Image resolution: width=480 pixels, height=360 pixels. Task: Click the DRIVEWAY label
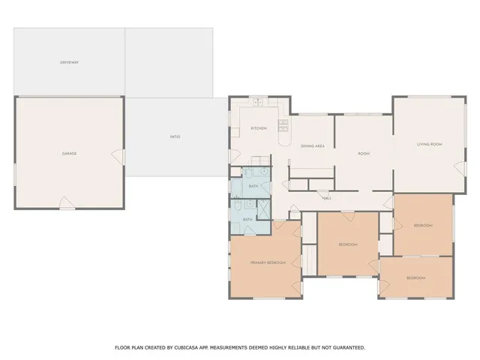tap(70, 62)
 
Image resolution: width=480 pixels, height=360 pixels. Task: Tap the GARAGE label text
tap(70, 153)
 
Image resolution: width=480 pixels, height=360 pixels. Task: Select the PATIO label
tap(175, 136)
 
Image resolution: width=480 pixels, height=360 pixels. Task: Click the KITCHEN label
tap(258, 128)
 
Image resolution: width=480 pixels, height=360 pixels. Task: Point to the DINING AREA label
tap(312, 145)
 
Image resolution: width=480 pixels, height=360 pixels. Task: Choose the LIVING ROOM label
tap(430, 144)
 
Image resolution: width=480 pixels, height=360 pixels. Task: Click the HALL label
tap(327, 198)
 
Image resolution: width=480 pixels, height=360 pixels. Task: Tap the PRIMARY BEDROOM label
tap(268, 262)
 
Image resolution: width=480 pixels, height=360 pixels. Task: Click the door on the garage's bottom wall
tap(66, 203)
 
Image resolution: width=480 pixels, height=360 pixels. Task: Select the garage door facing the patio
tap(117, 156)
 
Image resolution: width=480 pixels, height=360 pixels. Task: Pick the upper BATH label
tap(253, 185)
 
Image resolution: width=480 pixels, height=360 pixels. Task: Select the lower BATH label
tap(247, 219)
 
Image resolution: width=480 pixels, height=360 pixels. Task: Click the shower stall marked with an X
tap(263, 208)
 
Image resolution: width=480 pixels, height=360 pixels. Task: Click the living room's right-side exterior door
tap(460, 166)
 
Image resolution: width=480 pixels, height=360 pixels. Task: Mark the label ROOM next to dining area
tap(364, 154)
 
